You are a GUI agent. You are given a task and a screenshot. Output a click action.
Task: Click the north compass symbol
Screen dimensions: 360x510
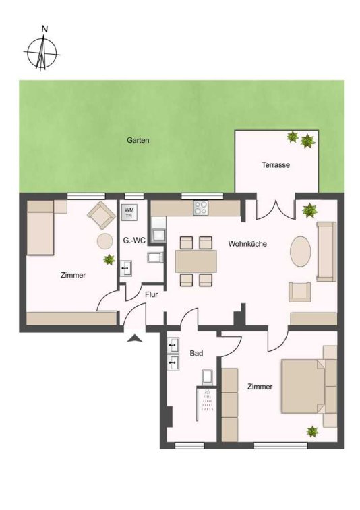tap(42, 51)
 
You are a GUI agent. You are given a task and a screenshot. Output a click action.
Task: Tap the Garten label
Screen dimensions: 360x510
tap(138, 141)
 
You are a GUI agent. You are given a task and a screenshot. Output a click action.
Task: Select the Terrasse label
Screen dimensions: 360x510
tap(276, 165)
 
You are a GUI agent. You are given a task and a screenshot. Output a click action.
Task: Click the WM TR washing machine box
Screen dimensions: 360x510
tap(129, 212)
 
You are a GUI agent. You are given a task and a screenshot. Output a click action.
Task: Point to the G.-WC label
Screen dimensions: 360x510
tap(133, 241)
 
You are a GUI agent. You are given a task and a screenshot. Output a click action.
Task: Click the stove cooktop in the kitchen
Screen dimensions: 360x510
tap(200, 208)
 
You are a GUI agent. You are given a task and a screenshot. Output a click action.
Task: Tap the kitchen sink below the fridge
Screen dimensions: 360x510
tap(158, 236)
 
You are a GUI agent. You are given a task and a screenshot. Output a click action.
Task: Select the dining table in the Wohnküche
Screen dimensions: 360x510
tap(196, 261)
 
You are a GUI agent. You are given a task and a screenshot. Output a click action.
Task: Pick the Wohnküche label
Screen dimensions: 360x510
tap(247, 244)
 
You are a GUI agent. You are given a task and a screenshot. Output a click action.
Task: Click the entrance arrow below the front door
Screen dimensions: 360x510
tap(135, 338)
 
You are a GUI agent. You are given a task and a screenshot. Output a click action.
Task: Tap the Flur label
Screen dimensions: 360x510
tap(152, 294)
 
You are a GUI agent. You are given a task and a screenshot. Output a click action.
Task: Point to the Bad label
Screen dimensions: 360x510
tap(197, 353)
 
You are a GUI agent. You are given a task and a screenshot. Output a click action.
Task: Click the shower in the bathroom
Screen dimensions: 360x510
tap(206, 404)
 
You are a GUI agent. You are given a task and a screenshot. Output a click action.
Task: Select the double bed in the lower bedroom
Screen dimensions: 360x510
tap(304, 386)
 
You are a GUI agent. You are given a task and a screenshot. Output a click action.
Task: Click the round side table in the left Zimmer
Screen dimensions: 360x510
tap(104, 241)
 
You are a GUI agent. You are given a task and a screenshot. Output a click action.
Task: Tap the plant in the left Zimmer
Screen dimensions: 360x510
tap(109, 259)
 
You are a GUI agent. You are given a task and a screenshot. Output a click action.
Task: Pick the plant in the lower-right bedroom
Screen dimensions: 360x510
tap(312, 431)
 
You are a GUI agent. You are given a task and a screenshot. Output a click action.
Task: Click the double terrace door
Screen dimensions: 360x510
tap(276, 210)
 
